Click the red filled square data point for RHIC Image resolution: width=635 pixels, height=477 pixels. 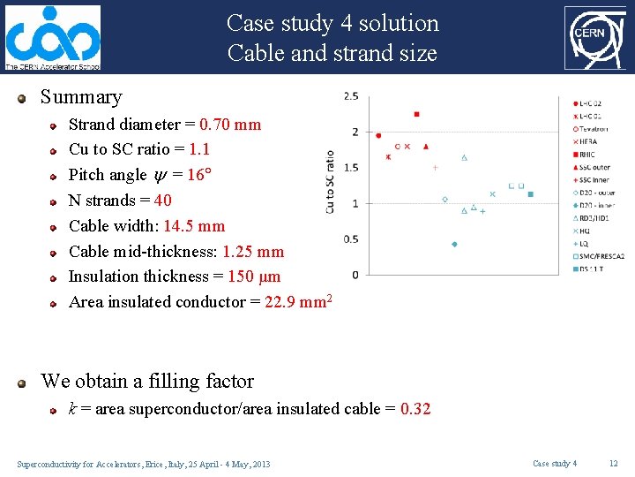click(x=416, y=114)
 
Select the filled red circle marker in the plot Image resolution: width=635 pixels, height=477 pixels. click(x=378, y=135)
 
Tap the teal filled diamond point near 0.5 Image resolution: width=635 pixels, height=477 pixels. click(x=454, y=244)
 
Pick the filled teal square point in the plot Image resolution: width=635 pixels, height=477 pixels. click(x=531, y=194)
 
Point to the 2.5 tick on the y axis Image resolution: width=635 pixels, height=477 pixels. click(x=351, y=95)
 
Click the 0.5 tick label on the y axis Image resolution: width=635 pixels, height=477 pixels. click(x=350, y=239)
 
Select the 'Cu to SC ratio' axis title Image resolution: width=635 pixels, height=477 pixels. click(x=330, y=181)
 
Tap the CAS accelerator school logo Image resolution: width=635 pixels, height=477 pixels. click(x=52, y=38)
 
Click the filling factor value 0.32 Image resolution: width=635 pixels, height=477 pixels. click(x=415, y=409)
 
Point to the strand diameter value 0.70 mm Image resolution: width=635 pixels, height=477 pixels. click(x=230, y=125)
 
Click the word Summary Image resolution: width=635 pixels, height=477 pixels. click(x=81, y=97)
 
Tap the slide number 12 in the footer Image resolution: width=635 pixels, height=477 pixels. click(x=614, y=464)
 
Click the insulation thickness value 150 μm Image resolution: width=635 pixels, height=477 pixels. click(x=254, y=276)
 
